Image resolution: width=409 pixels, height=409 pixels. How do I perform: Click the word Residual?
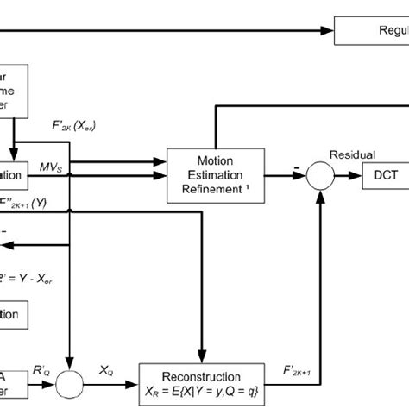point(351,154)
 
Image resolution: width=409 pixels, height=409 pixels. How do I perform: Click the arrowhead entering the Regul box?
point(330,31)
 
